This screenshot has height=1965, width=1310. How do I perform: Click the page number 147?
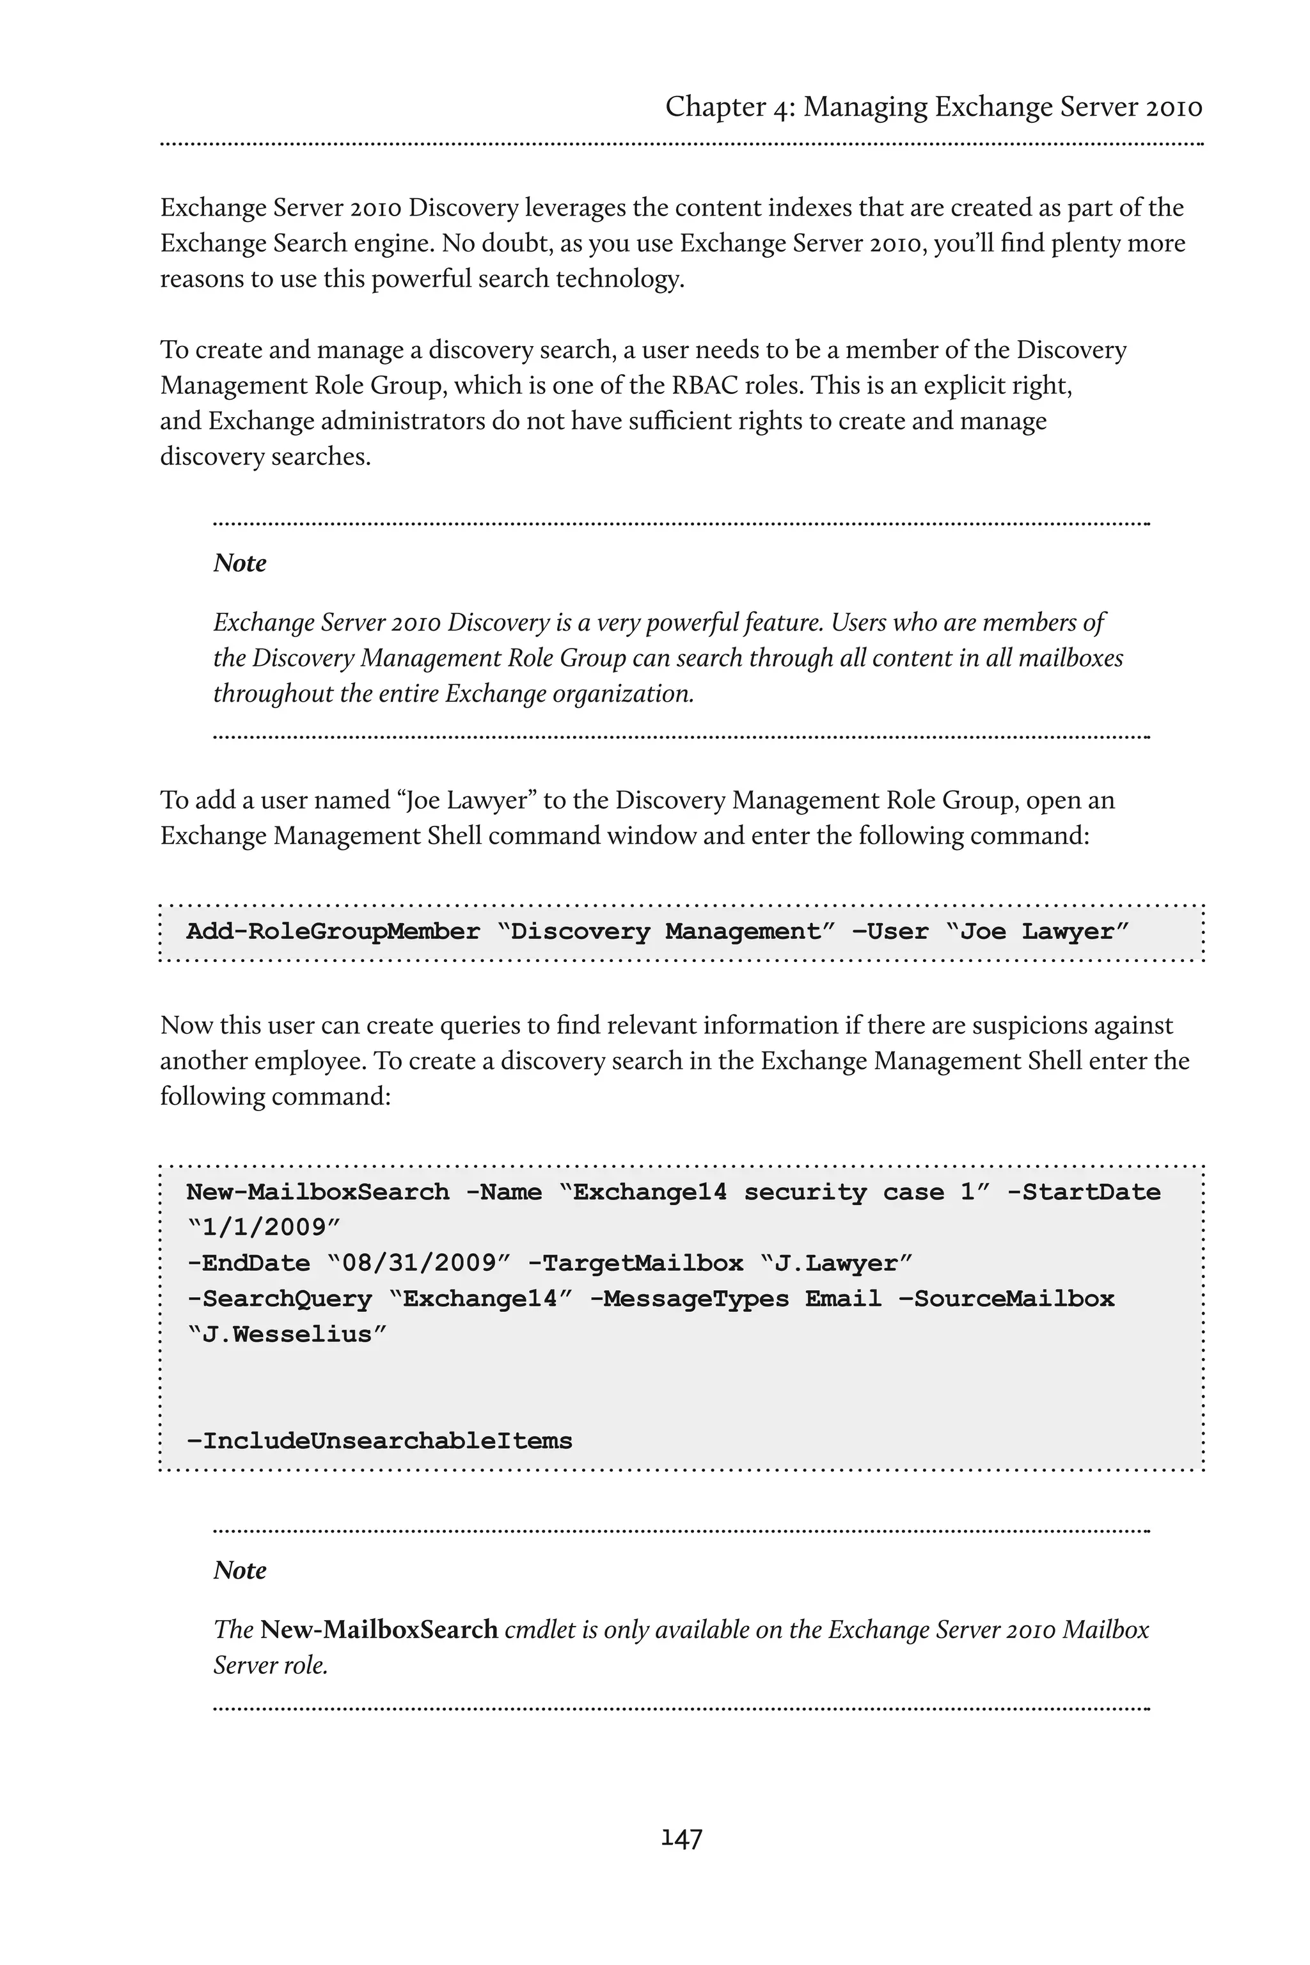(x=681, y=1838)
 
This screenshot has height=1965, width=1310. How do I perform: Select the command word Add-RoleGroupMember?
(x=333, y=931)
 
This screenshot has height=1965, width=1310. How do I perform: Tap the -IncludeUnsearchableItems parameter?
(x=379, y=1440)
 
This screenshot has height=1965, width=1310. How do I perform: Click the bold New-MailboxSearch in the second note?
(x=379, y=1629)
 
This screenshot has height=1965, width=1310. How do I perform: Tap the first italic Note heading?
(x=240, y=563)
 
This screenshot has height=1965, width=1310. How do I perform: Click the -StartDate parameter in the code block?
(x=1083, y=1192)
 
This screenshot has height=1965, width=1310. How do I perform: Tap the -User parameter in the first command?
(x=890, y=931)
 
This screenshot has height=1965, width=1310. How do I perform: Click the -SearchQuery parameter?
(x=278, y=1298)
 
